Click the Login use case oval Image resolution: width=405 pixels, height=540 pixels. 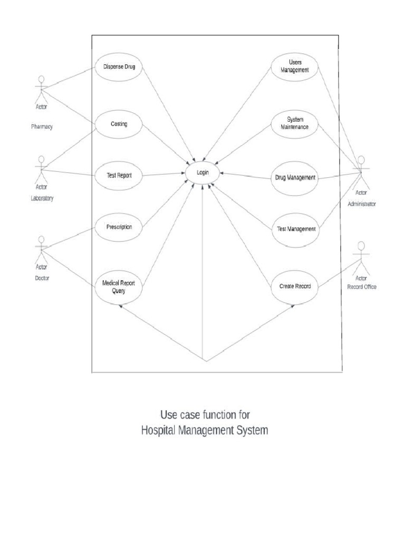point(203,172)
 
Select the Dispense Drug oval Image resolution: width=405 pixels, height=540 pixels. point(119,67)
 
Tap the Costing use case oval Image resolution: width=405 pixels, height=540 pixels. point(119,124)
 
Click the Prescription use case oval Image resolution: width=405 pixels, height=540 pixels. point(119,227)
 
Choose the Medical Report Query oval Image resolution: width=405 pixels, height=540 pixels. point(119,286)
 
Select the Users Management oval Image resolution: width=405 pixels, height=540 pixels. point(295,67)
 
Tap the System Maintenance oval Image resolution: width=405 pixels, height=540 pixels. point(295,123)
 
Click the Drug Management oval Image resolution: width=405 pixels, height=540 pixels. point(295,178)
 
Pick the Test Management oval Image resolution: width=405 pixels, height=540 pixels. point(296,229)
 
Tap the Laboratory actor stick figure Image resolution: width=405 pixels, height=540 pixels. point(41,168)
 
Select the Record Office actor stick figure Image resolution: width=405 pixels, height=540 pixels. point(361,256)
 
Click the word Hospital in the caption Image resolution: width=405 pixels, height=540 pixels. point(159,430)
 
